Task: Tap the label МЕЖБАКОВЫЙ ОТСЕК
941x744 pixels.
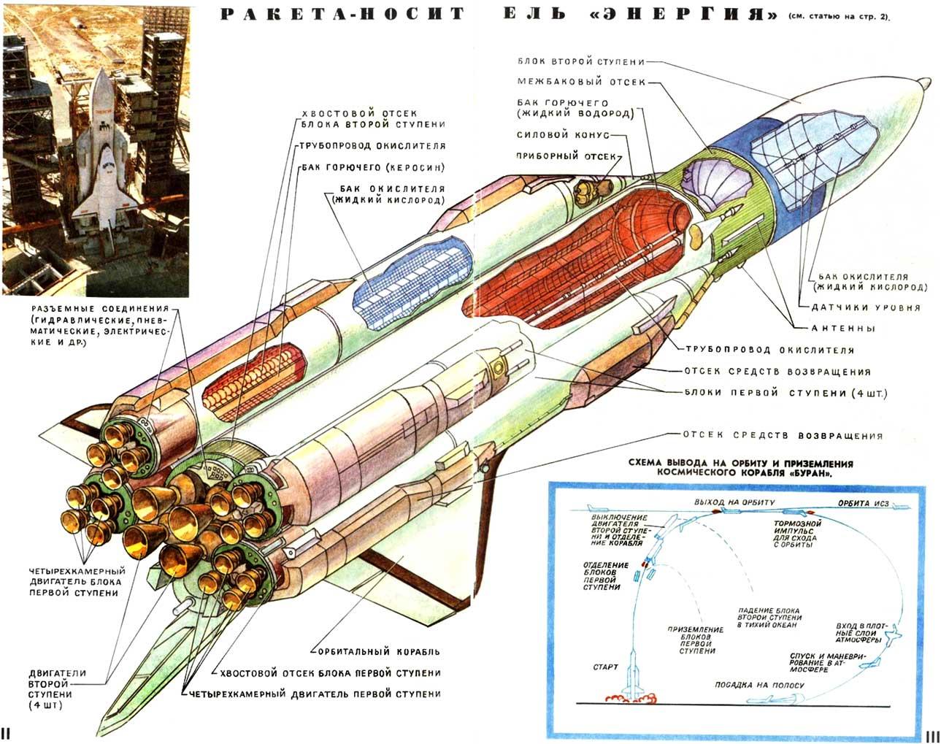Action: pos(581,82)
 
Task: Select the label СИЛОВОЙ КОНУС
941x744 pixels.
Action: pos(563,135)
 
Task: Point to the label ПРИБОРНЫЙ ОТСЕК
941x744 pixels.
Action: pos(566,156)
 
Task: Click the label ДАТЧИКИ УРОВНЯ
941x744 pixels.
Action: pos(866,307)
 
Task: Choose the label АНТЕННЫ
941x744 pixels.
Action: pos(843,329)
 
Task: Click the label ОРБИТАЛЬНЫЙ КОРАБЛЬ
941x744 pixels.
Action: pos(379,652)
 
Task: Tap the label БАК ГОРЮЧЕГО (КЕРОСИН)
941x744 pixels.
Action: pos(373,167)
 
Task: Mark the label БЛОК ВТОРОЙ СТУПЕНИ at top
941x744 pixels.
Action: pos(581,61)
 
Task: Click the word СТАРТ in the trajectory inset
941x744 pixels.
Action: pos(605,667)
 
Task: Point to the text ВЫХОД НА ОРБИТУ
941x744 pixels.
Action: pos(734,502)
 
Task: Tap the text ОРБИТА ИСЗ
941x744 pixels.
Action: pos(864,504)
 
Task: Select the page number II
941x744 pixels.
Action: pos(6,733)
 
